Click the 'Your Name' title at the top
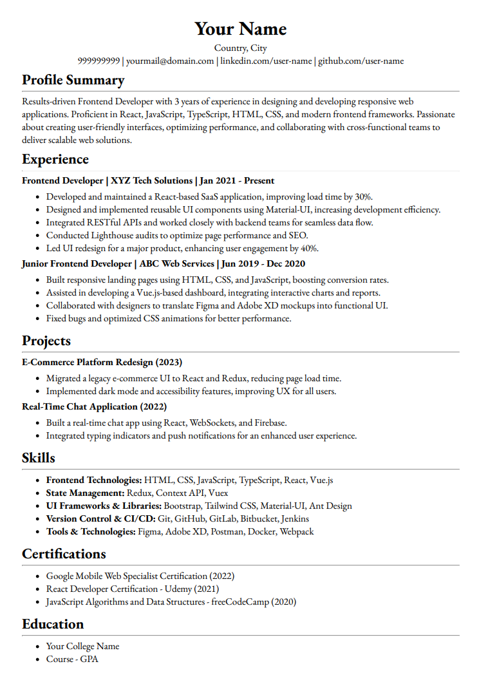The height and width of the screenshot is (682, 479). (240, 29)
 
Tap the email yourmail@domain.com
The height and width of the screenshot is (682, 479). (170, 61)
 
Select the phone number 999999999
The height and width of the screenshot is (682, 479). (99, 61)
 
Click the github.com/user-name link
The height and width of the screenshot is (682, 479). (361, 61)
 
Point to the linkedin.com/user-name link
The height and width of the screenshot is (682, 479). (267, 61)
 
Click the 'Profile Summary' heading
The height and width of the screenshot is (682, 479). (73, 80)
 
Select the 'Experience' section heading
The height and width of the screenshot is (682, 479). (55, 159)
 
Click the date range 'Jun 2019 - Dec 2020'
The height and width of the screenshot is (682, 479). (262, 264)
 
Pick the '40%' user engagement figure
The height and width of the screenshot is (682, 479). (309, 249)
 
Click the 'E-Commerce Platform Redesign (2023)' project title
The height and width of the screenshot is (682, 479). (102, 363)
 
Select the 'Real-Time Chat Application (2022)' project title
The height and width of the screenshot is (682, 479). (94, 407)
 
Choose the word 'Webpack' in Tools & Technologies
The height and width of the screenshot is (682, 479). (297, 532)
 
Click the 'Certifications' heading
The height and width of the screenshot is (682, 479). (64, 554)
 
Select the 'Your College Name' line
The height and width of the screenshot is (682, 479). (82, 647)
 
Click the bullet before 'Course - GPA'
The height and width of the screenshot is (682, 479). (39, 659)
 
